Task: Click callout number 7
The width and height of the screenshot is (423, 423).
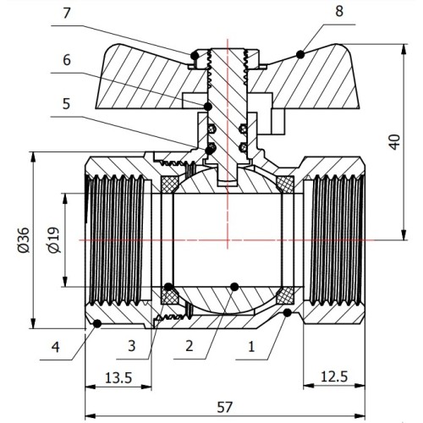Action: [66, 14]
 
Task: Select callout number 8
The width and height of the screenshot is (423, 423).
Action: [339, 12]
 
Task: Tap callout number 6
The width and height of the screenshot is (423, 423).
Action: [67, 60]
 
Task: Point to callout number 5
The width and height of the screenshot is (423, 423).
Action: [66, 104]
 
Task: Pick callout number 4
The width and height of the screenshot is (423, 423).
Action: [55, 347]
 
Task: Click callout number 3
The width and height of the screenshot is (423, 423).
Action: [132, 346]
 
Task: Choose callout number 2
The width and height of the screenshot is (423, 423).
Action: [190, 346]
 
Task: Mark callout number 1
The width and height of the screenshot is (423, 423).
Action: [251, 346]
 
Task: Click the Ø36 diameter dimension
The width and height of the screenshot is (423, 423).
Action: [24, 239]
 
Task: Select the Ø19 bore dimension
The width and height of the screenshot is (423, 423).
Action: [53, 239]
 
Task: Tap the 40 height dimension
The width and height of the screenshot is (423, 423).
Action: [395, 142]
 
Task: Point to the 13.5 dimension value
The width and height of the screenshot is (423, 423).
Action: [118, 378]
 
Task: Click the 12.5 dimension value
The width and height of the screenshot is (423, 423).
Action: [334, 376]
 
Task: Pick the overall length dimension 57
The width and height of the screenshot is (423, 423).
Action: [225, 407]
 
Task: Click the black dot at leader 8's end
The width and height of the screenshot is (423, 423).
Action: [300, 54]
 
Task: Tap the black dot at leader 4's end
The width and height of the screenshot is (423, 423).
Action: [97, 324]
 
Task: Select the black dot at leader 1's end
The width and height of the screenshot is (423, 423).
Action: [288, 312]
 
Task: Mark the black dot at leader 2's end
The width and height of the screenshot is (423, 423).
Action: [234, 287]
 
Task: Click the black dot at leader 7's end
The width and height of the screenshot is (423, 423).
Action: [195, 56]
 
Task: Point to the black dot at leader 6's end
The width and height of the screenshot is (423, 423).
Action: [208, 107]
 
